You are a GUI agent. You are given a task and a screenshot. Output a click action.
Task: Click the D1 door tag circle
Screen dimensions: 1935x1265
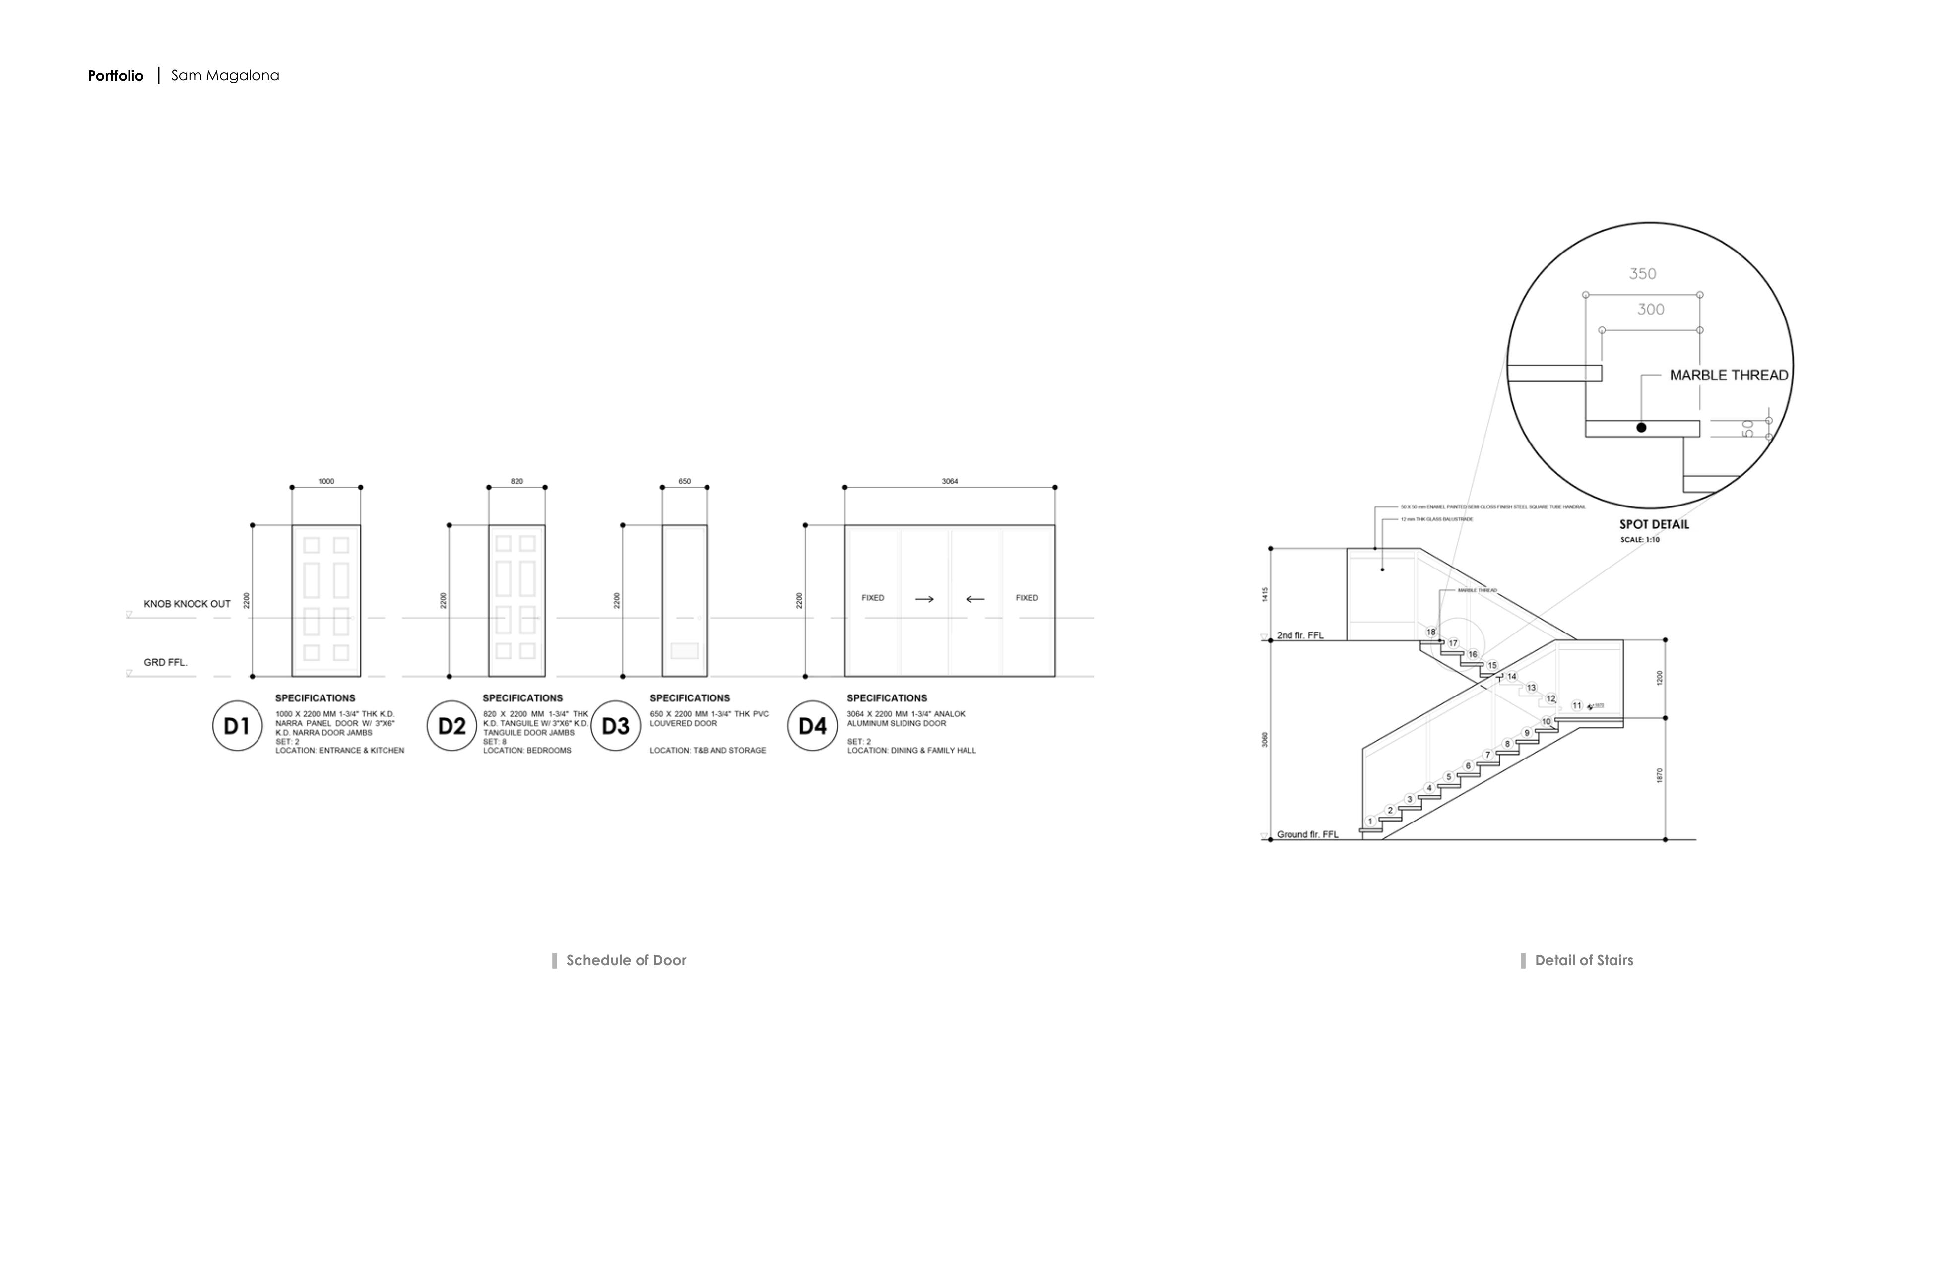(237, 725)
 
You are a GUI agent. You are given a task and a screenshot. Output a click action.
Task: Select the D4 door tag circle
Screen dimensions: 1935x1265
(812, 725)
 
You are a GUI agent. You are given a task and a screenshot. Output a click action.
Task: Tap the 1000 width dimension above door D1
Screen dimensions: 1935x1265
(326, 481)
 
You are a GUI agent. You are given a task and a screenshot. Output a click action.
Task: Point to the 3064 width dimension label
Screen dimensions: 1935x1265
(950, 481)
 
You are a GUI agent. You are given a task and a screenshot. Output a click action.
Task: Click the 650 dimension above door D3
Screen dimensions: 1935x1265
(685, 481)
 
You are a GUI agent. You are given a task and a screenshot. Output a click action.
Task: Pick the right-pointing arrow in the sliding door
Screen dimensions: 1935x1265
(924, 599)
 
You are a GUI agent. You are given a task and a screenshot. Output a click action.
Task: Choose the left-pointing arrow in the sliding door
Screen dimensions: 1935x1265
(975, 599)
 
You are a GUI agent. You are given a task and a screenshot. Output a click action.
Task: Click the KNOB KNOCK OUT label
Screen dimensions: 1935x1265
(187, 604)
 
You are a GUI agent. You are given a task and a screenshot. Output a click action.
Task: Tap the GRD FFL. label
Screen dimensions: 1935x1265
(166, 663)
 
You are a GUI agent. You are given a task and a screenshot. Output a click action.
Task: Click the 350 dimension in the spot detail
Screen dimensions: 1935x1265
(1642, 274)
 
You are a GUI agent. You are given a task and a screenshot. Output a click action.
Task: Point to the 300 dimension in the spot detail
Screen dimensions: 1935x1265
(1650, 309)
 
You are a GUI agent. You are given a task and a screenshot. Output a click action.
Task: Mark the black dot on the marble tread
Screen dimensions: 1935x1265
(1641, 427)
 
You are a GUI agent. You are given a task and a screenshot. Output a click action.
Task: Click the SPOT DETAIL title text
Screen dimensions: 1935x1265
(1654, 524)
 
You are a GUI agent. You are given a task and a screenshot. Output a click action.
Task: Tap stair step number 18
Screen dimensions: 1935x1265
(1431, 632)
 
